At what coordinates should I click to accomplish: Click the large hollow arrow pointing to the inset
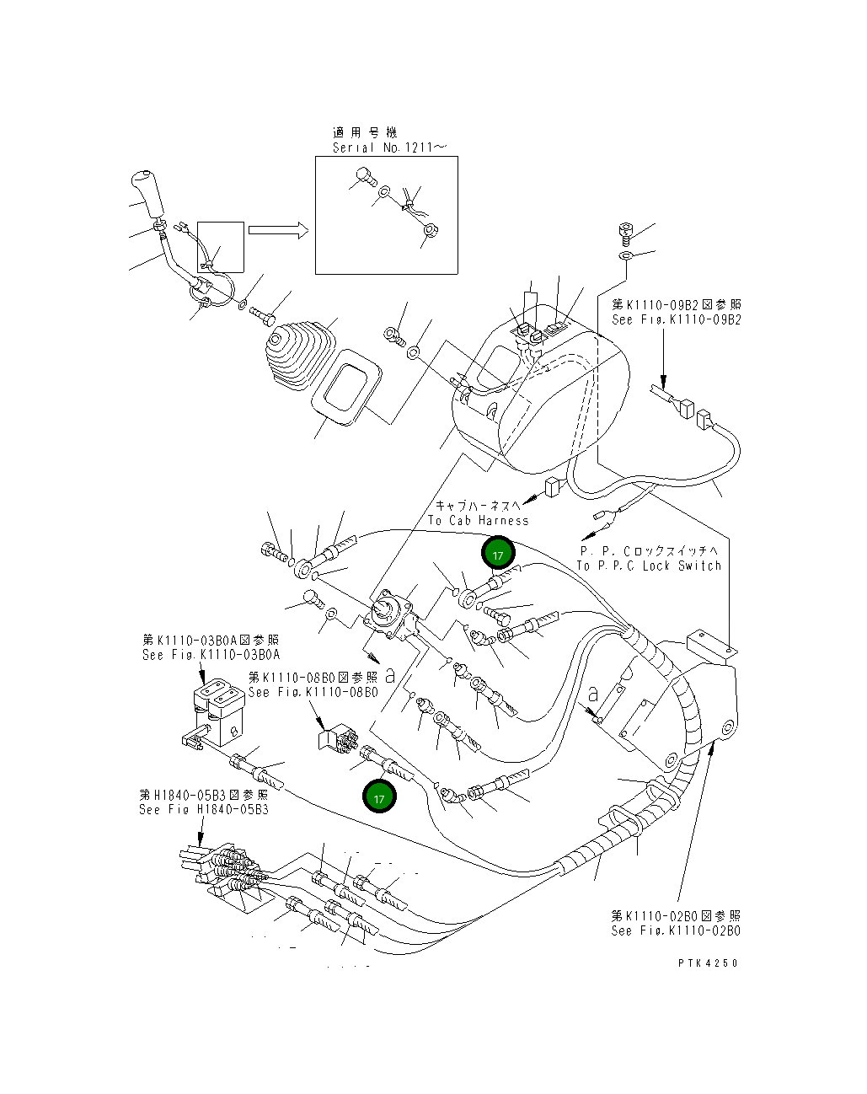click(x=279, y=231)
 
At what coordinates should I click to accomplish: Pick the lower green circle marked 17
click(x=379, y=796)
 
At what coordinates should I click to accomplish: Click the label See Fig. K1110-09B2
click(x=677, y=319)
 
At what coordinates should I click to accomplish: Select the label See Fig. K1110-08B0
click(x=313, y=691)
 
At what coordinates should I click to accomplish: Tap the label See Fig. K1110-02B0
click(x=676, y=930)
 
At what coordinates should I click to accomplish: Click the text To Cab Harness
click(x=478, y=520)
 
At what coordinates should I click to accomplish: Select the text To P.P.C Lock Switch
click(x=649, y=566)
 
